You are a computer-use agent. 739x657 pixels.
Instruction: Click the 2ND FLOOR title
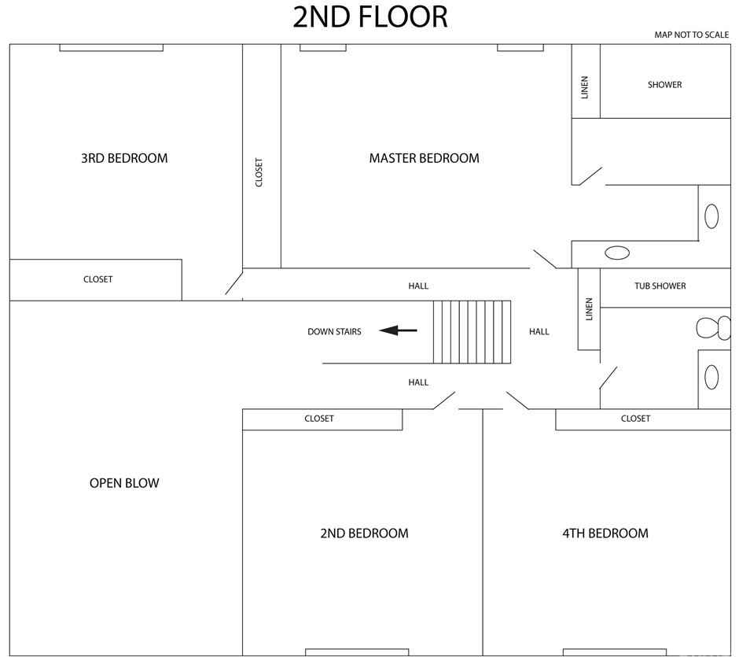[x=370, y=17]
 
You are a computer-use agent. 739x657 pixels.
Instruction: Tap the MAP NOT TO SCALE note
[x=691, y=35]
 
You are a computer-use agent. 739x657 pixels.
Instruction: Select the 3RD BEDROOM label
[x=124, y=158]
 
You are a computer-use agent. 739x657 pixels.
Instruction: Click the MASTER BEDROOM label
[x=425, y=158]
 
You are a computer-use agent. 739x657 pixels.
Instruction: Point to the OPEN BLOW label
[x=124, y=483]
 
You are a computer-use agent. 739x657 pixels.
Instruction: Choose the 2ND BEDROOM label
[x=364, y=533]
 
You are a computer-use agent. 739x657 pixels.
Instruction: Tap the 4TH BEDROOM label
[x=605, y=533]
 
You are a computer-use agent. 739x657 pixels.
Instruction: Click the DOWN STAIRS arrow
[x=398, y=330]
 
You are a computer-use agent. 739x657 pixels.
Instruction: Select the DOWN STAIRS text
[x=334, y=331]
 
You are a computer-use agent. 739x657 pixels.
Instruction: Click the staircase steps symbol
[x=472, y=332]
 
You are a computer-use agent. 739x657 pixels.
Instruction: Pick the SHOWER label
[x=664, y=85]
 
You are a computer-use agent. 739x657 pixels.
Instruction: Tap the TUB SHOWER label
[x=660, y=286]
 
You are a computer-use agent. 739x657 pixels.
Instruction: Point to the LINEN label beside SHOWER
[x=585, y=87]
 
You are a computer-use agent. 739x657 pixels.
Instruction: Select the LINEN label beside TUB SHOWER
[x=589, y=309]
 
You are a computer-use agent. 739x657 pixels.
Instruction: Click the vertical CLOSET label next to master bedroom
[x=259, y=172]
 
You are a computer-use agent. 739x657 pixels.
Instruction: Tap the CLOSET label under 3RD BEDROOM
[x=98, y=279]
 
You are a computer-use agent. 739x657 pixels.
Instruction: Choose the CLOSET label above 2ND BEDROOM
[x=319, y=419]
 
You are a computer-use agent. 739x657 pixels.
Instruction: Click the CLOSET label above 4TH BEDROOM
[x=635, y=419]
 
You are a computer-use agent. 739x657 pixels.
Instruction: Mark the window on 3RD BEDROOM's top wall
[x=111, y=48]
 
